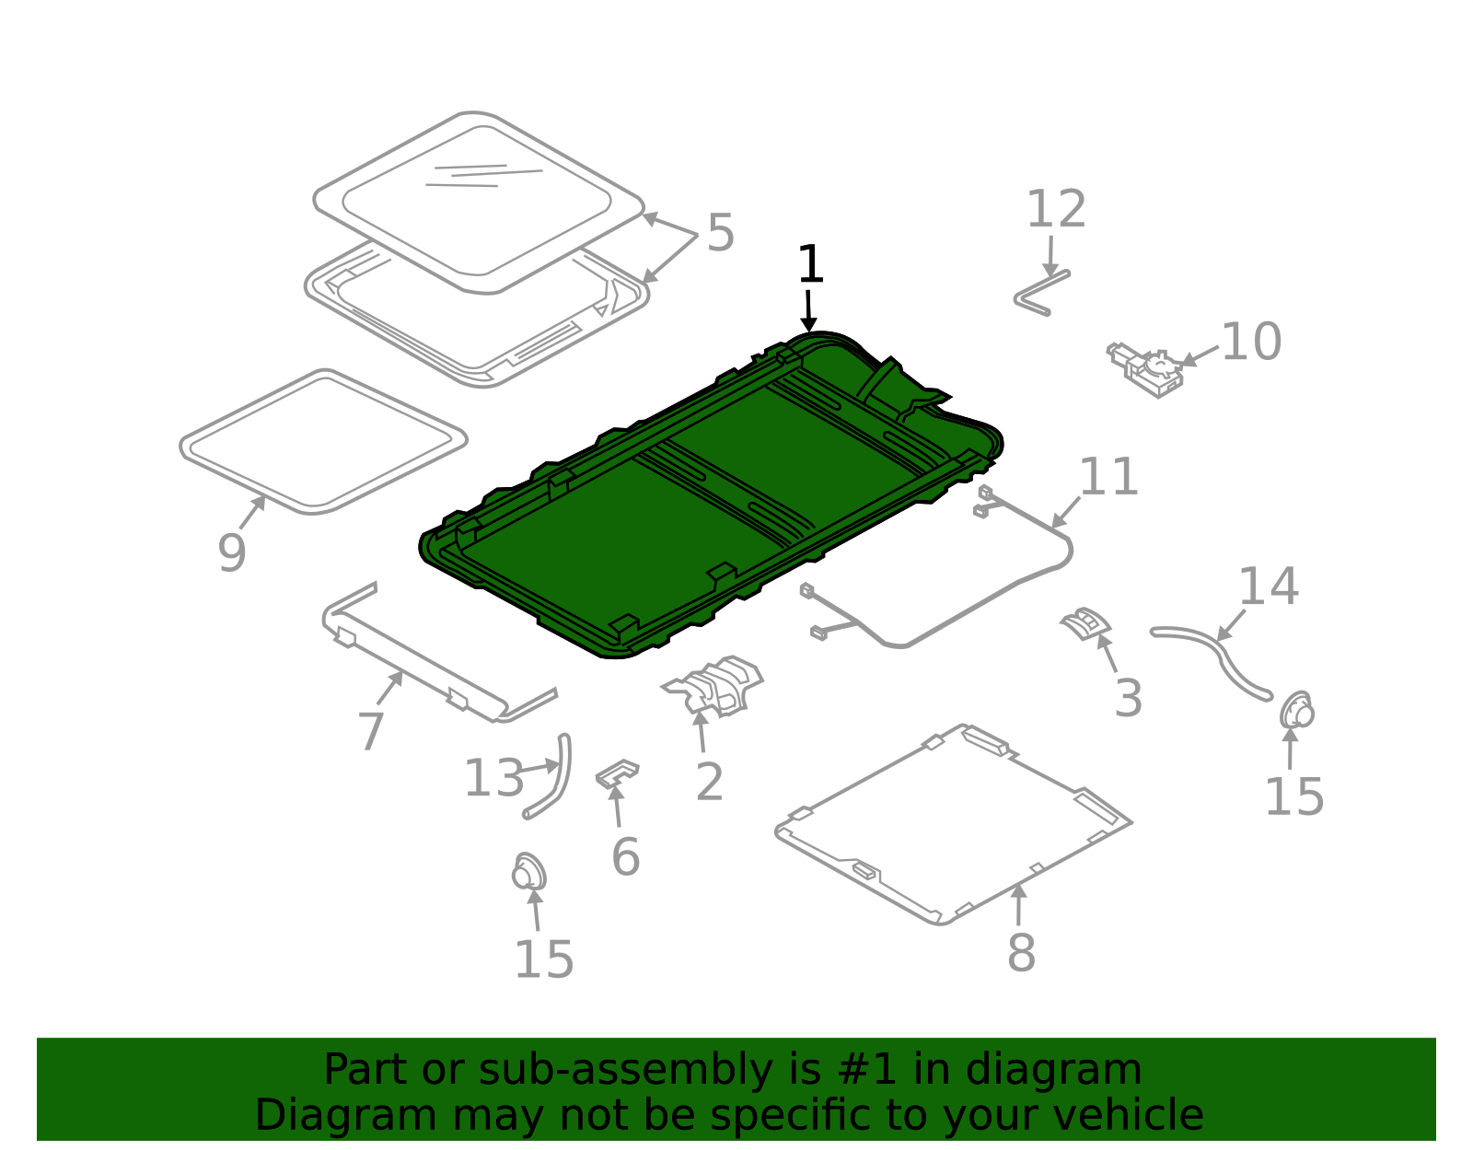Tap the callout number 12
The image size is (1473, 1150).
point(1056,209)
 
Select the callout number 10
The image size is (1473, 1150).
point(1251,341)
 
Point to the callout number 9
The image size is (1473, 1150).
point(232,553)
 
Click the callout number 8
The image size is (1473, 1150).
point(1021,953)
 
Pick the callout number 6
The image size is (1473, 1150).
point(625,856)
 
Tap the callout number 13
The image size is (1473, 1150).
point(493,778)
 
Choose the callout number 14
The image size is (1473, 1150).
point(1269,587)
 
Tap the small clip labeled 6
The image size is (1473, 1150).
point(617,772)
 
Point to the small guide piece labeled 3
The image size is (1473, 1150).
point(1084,622)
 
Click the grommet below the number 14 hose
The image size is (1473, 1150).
point(1297,711)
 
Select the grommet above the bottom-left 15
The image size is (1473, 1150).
point(528,872)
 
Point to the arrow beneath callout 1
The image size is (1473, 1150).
point(808,311)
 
